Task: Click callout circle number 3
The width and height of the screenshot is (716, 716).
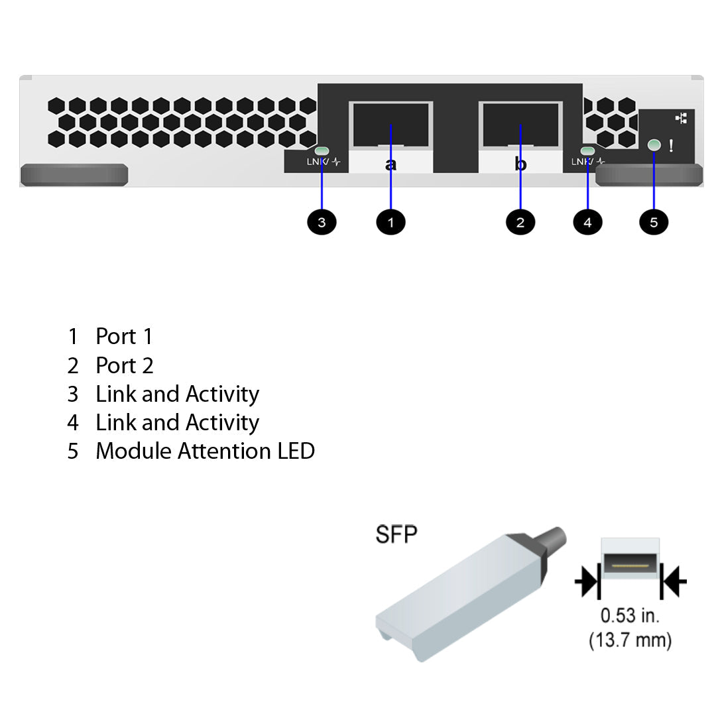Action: point(322,222)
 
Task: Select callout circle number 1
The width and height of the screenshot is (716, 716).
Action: point(390,222)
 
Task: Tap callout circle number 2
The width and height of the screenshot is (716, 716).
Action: point(520,222)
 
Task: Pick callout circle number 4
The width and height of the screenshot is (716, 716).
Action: point(587,222)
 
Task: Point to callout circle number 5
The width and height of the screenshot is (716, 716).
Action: point(654,222)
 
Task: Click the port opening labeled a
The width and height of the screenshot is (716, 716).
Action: point(391,125)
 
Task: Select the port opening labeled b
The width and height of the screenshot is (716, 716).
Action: point(520,125)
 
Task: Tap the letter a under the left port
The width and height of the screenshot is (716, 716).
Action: point(390,164)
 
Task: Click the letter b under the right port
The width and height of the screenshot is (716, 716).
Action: point(520,164)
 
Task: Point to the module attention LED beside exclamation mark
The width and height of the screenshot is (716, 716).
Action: point(654,145)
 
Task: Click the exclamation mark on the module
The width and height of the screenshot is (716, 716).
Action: point(671,146)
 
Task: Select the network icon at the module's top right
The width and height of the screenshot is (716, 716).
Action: point(681,118)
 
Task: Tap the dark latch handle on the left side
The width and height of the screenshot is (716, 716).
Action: point(74,175)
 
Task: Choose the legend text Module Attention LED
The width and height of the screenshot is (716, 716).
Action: point(205,451)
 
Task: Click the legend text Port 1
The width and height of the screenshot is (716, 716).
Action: point(124,337)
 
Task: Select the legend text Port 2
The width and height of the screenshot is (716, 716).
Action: point(125,365)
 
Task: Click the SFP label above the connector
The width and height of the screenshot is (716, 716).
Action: point(396,534)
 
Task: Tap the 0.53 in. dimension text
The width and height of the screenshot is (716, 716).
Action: point(630,616)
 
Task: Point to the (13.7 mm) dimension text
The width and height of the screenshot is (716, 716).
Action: point(630,640)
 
